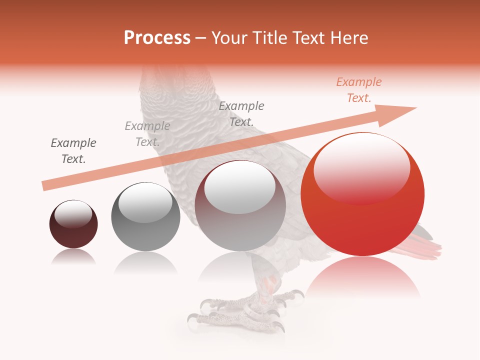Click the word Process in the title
(157, 38)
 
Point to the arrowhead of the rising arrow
(400, 112)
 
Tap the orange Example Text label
(359, 90)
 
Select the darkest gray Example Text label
(73, 151)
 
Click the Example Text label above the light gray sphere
(241, 114)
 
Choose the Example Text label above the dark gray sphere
(147, 134)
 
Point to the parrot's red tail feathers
(427, 247)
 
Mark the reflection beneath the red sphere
(362, 277)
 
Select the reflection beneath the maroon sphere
(73, 257)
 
